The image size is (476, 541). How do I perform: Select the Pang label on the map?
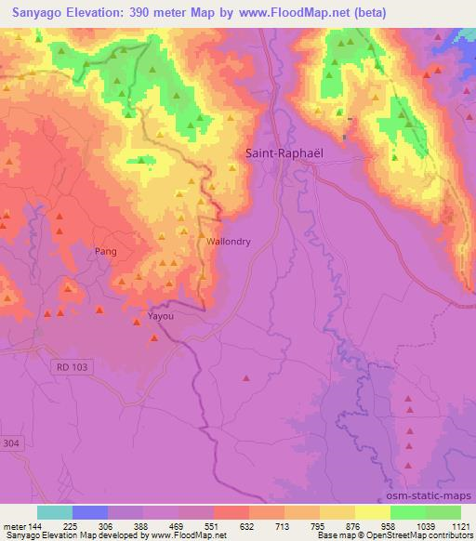click(x=106, y=251)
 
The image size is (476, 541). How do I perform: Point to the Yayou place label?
click(x=161, y=316)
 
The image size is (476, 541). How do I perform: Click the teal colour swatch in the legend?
click(x=54, y=511)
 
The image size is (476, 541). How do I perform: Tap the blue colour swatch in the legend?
click(x=89, y=511)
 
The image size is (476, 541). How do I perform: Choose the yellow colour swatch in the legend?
click(x=373, y=511)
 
